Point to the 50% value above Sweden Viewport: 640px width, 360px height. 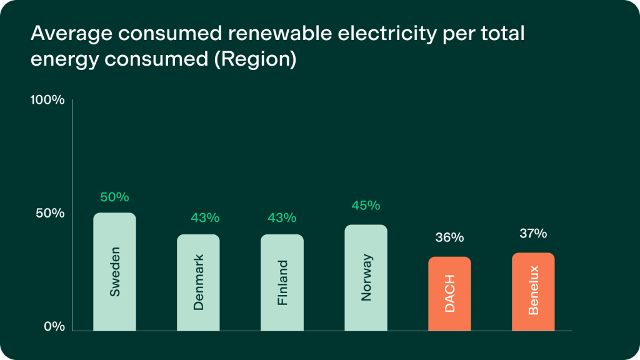tap(114, 197)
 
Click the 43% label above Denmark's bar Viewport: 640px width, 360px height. tap(205, 218)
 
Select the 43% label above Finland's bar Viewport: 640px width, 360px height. tap(282, 218)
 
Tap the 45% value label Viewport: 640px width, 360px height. tap(366, 206)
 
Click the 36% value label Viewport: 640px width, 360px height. tap(449, 237)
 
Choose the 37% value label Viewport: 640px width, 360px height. tap(533, 234)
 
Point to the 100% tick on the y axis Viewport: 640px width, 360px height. tap(47, 100)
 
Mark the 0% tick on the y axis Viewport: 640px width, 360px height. tap(54, 326)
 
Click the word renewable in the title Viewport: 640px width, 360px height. tap(254, 34)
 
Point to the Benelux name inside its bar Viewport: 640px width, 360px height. tap(533, 290)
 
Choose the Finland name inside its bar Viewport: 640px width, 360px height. tap(282, 282)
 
